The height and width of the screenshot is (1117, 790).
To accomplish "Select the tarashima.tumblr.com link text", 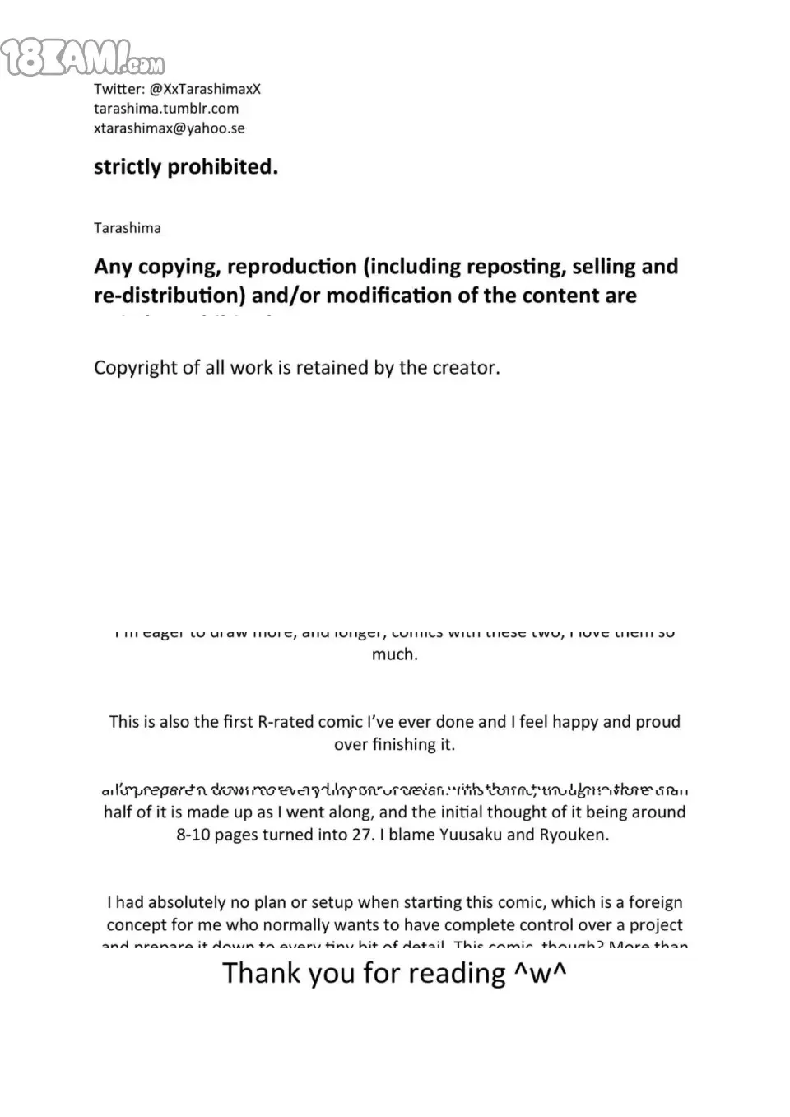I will click(x=166, y=108).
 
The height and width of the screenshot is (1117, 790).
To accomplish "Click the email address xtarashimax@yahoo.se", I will click(x=169, y=128).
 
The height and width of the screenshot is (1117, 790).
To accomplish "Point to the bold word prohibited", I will click(x=222, y=166).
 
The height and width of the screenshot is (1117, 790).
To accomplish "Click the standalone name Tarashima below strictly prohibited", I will click(x=128, y=228).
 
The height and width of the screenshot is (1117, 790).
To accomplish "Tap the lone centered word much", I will click(x=394, y=654).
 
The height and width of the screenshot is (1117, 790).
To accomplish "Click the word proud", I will click(x=654, y=722).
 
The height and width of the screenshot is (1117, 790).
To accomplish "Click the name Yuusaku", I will click(x=470, y=834).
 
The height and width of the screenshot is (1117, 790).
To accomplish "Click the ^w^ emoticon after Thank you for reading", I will click(x=541, y=973).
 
